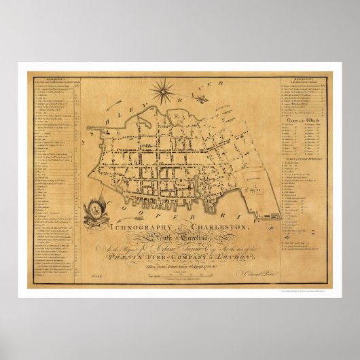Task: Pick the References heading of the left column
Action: click(45, 80)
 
